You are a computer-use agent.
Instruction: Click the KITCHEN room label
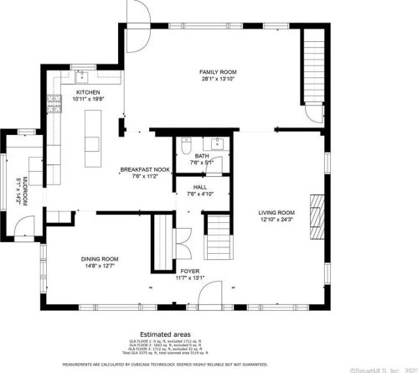click(x=88, y=92)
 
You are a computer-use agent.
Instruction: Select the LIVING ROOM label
click(x=276, y=213)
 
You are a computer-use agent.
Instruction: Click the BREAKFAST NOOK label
click(x=145, y=169)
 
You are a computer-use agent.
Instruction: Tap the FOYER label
click(x=189, y=272)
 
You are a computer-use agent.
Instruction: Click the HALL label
click(x=200, y=187)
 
